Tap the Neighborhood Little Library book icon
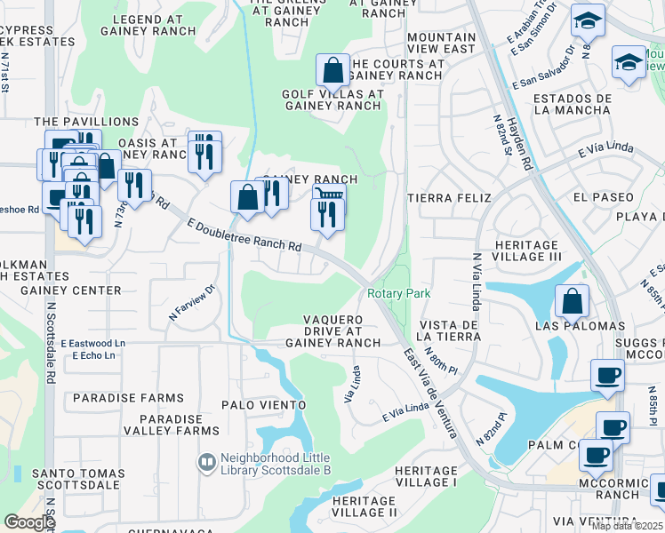(206, 462)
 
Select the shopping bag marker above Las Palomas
(572, 301)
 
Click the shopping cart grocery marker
(329, 195)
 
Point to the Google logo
(28, 522)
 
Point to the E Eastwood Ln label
(93, 343)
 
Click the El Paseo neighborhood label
(604, 196)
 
